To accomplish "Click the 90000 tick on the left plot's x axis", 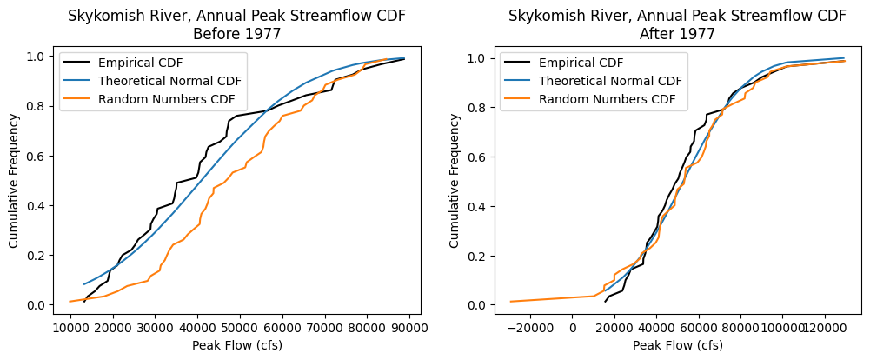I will click(x=408, y=328).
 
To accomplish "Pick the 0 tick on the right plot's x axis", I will click(x=573, y=328).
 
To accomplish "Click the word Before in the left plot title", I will click(x=205, y=34).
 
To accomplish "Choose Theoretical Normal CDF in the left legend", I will click(x=169, y=81).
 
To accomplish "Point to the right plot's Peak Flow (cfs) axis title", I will click(x=677, y=345).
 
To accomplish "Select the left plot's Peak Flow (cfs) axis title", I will click(x=238, y=345).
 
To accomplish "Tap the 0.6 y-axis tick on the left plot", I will click(x=41, y=157).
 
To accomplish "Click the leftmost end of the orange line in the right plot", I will click(x=510, y=302).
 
